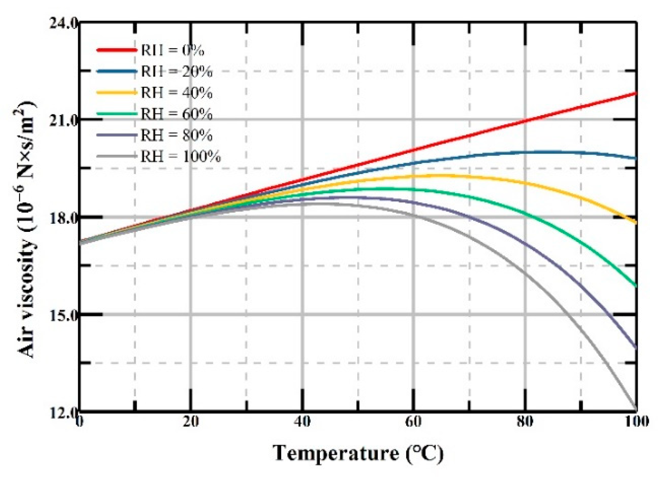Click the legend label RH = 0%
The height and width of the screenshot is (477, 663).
(172, 50)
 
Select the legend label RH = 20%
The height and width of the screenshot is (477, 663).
(176, 71)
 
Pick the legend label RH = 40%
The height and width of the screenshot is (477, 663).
(176, 93)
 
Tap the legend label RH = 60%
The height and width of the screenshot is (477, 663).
(176, 114)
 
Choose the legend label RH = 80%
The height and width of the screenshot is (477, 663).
(176, 135)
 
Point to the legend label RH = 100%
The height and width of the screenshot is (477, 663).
(180, 157)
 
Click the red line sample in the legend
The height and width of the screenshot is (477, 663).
(116, 50)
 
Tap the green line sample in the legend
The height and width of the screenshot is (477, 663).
(116, 114)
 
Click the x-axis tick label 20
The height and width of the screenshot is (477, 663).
(191, 422)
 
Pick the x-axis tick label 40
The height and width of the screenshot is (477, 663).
(302, 422)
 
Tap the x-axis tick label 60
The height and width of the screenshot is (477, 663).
(413, 422)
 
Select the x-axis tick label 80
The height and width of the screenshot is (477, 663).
(525, 422)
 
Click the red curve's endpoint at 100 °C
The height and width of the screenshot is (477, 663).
(636, 93)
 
